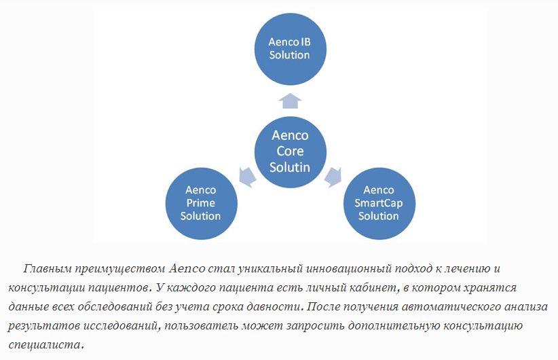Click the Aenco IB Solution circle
(x=291, y=49)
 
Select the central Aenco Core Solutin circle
(x=291, y=152)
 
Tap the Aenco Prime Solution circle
(x=202, y=203)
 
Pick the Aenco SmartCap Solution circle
(x=379, y=203)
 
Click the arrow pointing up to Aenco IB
(x=291, y=101)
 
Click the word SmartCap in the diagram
(x=379, y=203)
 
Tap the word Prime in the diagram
(x=201, y=203)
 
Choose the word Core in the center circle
(x=290, y=151)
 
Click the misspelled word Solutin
(x=290, y=167)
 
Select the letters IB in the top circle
(x=305, y=42)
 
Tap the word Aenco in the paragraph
(x=187, y=268)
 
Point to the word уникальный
(x=270, y=268)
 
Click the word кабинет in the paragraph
(x=373, y=287)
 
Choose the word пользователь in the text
(x=201, y=325)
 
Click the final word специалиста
(x=45, y=344)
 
